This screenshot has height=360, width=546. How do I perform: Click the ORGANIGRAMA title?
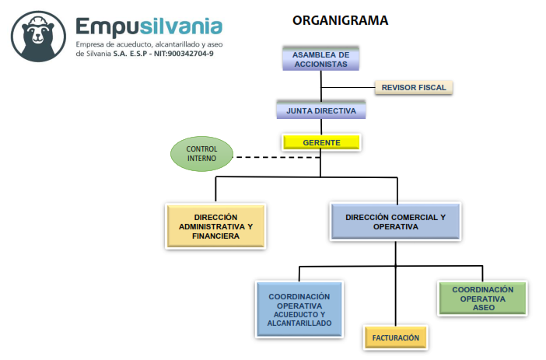click(x=340, y=20)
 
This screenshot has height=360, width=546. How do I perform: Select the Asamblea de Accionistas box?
click(x=320, y=59)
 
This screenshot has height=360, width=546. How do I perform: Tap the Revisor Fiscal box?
click(x=413, y=88)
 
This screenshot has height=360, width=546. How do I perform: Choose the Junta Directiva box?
click(x=320, y=110)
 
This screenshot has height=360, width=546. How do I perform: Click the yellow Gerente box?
click(x=320, y=143)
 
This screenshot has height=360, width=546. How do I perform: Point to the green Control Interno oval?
click(x=201, y=153)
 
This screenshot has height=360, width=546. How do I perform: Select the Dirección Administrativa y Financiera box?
click(x=216, y=226)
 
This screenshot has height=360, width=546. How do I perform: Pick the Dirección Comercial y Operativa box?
click(x=395, y=222)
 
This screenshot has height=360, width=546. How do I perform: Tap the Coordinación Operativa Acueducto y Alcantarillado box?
click(x=299, y=309)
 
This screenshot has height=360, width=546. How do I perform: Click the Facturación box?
click(x=395, y=337)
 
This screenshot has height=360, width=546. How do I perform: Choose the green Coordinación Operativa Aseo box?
click(x=482, y=299)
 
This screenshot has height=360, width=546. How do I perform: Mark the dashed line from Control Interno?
click(x=276, y=157)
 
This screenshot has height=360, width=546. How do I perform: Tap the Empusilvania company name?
click(x=149, y=27)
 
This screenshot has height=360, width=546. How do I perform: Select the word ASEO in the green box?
click(x=482, y=308)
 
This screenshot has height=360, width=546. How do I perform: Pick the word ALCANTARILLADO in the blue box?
click(x=299, y=323)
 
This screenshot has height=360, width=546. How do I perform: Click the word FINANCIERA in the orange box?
click(x=216, y=236)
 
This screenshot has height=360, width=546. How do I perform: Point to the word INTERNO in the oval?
click(x=201, y=159)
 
